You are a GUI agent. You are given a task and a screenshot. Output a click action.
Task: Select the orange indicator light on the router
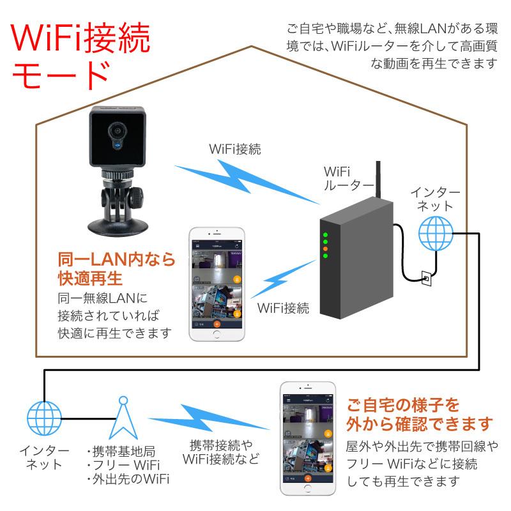(325, 248)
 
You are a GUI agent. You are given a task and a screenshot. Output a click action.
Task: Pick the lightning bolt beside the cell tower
(223, 420)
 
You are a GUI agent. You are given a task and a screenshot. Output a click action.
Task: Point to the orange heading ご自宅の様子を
(402, 404)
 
